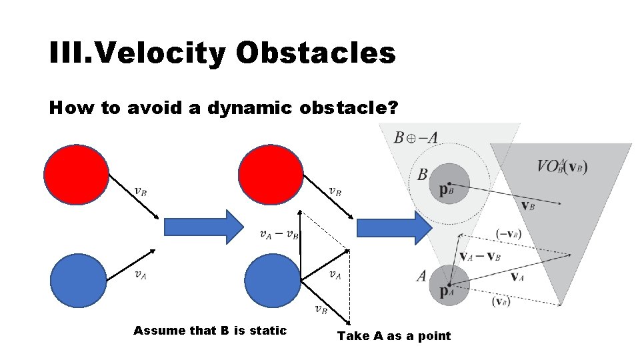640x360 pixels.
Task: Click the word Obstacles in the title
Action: (315, 53)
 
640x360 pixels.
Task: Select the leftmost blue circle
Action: (79, 280)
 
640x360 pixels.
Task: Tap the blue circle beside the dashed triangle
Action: (273, 280)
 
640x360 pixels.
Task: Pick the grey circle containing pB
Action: (450, 183)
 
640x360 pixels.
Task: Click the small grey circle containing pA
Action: (449, 285)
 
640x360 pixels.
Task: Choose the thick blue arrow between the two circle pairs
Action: (204, 227)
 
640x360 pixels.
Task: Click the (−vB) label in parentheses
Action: (509, 233)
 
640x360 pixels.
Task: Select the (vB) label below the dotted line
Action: (501, 301)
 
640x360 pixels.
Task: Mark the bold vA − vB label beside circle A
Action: (481, 255)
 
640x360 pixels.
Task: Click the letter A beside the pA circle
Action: (421, 275)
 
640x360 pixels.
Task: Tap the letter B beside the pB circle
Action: (422, 175)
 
